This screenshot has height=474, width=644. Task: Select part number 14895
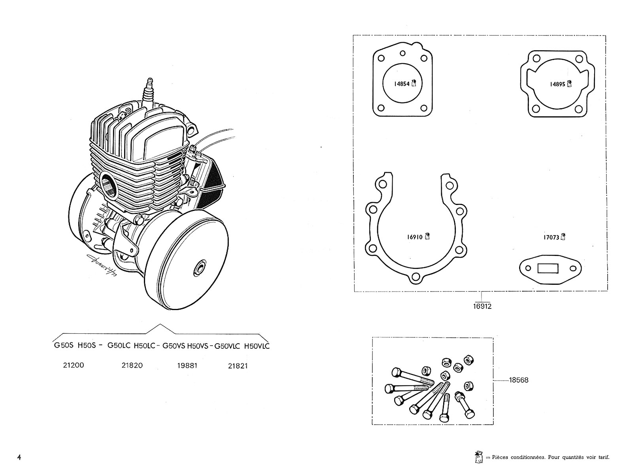tap(557, 84)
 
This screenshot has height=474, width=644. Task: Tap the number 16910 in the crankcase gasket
tap(415, 237)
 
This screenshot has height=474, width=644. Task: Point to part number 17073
tap(551, 237)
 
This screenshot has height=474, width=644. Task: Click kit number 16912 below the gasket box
tap(482, 306)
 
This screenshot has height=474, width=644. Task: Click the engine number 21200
tap(74, 365)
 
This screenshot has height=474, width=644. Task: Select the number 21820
tap(132, 365)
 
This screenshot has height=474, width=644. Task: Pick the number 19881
tap(187, 365)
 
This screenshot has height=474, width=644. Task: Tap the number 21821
tap(238, 366)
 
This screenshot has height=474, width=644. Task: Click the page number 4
tap(19, 457)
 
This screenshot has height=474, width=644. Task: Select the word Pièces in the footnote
tap(500, 457)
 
